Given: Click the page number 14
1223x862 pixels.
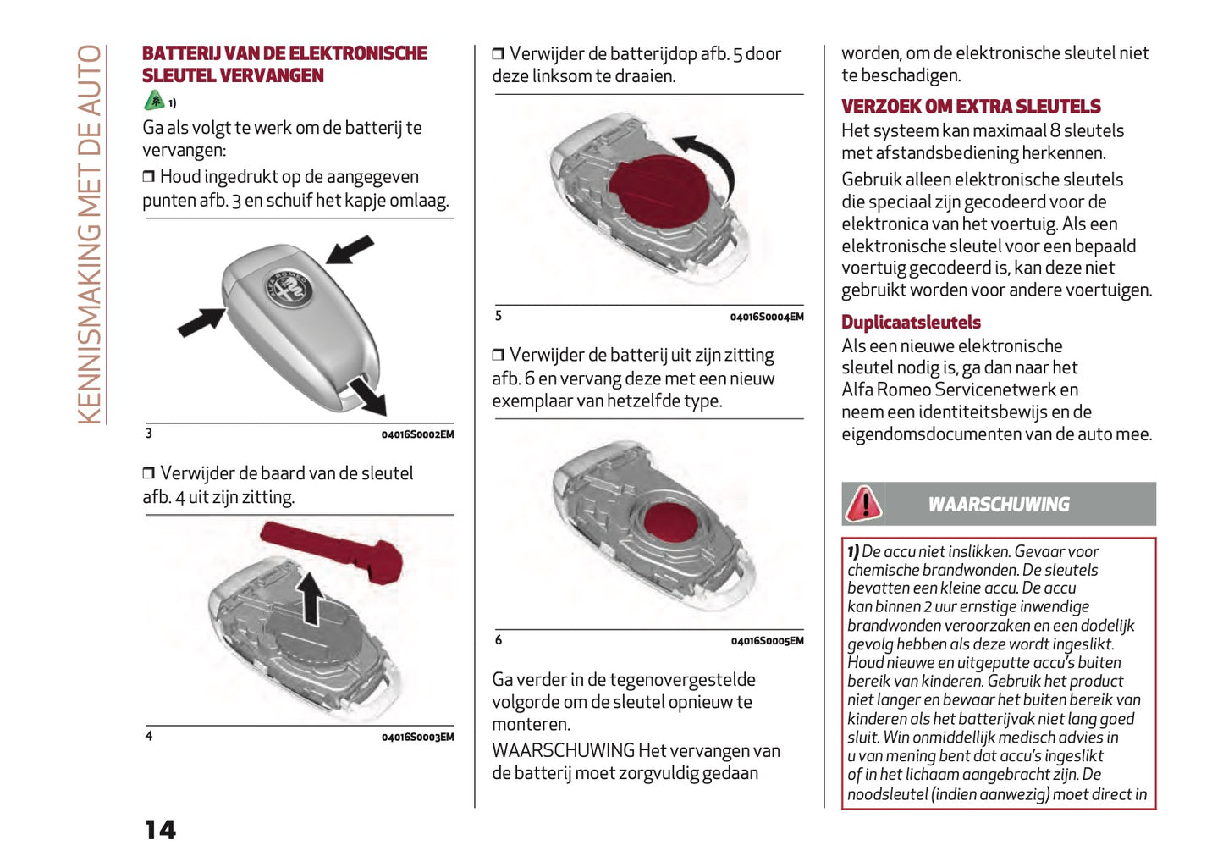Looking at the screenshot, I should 160,830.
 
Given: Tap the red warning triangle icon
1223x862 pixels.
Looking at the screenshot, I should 863,504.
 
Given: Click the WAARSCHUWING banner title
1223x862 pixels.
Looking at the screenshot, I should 998,505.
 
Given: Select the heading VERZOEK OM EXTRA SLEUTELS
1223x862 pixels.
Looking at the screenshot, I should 970,107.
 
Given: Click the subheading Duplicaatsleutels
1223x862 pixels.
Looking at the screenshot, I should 910,323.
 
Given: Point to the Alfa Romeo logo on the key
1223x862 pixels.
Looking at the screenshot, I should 290,290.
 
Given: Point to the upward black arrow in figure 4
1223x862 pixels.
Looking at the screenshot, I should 311,596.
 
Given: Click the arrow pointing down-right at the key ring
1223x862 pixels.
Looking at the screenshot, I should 368,396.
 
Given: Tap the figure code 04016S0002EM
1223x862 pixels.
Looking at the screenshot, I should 417,434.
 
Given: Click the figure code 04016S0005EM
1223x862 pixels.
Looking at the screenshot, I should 767,641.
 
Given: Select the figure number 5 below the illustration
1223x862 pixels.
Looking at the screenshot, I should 499,316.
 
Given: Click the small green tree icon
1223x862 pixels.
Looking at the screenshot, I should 154,101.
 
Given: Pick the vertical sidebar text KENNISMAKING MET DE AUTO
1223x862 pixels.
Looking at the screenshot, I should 90,235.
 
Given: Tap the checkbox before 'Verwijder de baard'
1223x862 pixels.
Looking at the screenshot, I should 149,473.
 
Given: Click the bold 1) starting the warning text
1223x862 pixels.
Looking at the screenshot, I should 853,551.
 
